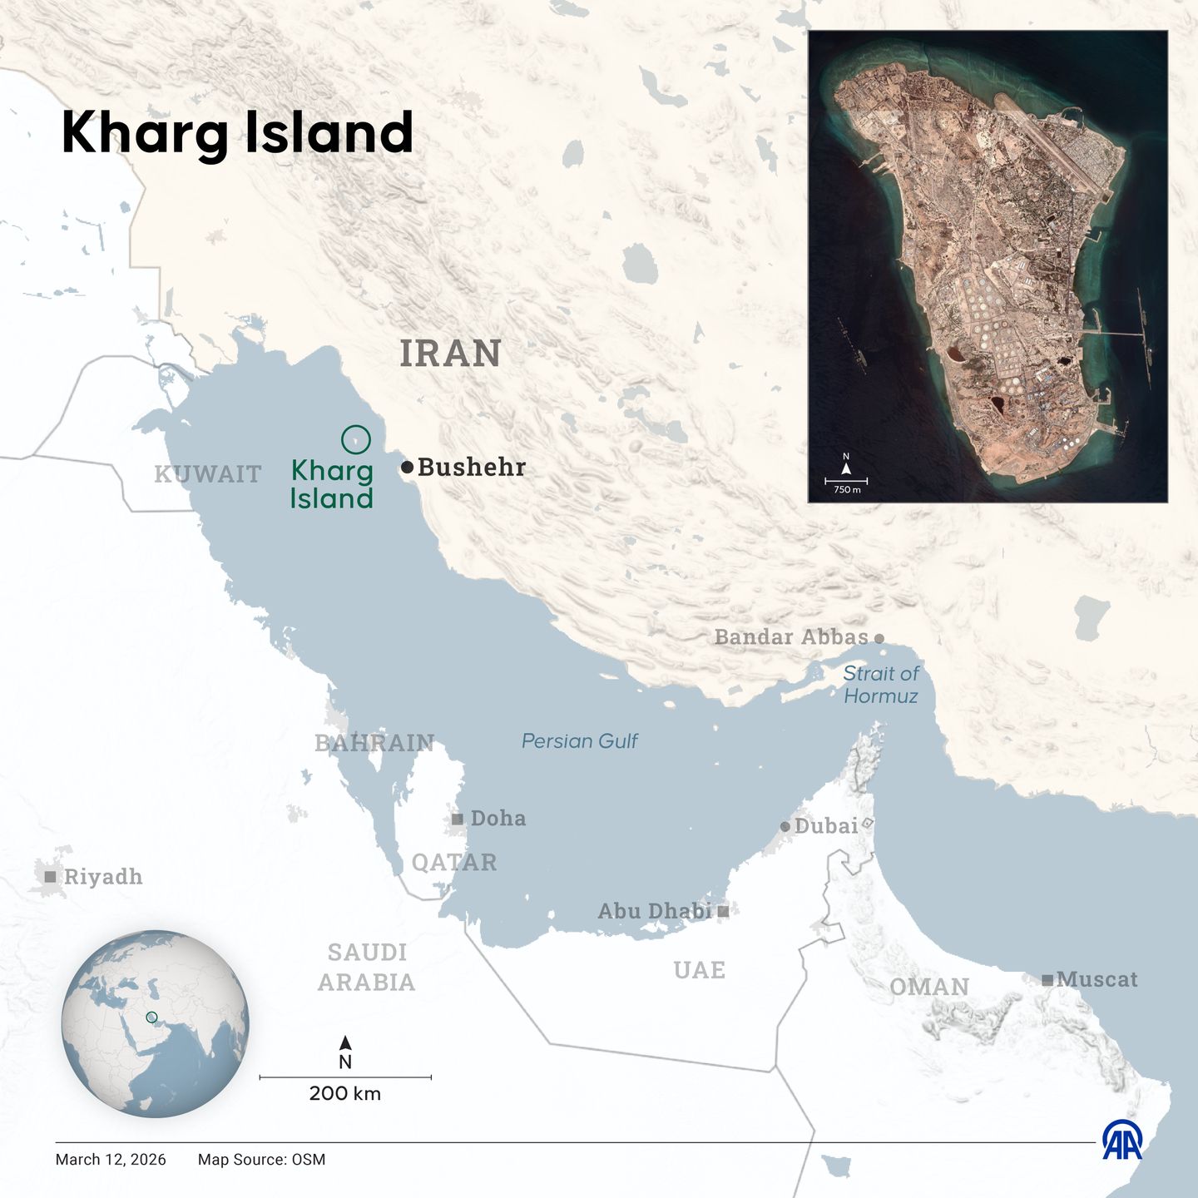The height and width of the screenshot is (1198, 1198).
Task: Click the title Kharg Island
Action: [237, 132]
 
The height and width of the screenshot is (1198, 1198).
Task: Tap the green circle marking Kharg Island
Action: [356, 439]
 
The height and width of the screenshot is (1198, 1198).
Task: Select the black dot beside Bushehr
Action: [407, 468]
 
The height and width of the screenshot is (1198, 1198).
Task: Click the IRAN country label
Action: [450, 354]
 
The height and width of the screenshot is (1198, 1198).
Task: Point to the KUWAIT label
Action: [208, 474]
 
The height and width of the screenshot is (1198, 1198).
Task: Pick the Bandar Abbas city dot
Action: [879, 639]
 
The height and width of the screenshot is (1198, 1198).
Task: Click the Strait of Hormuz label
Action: [881, 685]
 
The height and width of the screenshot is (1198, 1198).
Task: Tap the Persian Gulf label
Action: [579, 741]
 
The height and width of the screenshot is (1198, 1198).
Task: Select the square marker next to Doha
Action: [457, 819]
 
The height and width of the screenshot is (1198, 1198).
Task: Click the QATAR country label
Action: [454, 862]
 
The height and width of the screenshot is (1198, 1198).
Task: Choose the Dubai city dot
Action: [785, 827]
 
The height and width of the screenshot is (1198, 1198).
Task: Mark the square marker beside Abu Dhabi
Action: [723, 912]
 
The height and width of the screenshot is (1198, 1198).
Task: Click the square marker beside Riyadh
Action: [51, 877]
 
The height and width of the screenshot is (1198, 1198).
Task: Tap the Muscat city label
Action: [1097, 979]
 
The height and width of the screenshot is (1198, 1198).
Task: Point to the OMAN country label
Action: [929, 987]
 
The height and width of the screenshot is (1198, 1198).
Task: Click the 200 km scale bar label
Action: [345, 1093]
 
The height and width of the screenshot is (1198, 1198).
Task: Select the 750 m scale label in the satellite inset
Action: [847, 490]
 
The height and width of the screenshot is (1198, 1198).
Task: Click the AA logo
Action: [1122, 1140]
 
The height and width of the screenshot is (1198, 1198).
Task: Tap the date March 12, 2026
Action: [111, 1160]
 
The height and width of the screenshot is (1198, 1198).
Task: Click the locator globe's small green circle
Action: [151, 1017]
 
